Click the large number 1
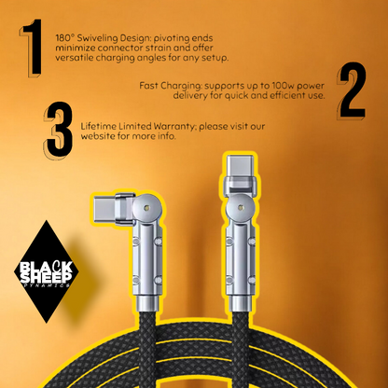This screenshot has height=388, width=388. click(x=32, y=48)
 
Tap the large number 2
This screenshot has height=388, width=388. click(x=352, y=90)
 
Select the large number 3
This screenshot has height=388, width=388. click(x=59, y=131)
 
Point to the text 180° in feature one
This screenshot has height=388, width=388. click(x=64, y=38)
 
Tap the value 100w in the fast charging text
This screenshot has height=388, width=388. click(x=281, y=86)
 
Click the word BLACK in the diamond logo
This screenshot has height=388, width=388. click(x=46, y=267)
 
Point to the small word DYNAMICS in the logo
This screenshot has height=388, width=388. click(x=47, y=285)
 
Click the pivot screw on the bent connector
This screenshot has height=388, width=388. click(x=146, y=207)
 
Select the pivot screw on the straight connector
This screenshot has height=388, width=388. click(x=240, y=207)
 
